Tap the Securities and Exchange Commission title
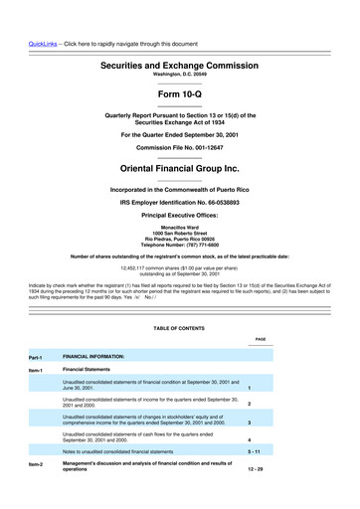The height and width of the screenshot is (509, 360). [179, 65]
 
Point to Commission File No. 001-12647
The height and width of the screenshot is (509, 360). [179, 147]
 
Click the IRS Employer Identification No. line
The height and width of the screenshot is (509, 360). [179, 202]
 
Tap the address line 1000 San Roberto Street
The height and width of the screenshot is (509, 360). [179, 232]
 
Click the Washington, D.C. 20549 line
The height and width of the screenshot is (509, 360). [179, 76]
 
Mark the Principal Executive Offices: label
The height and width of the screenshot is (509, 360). [179, 215]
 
